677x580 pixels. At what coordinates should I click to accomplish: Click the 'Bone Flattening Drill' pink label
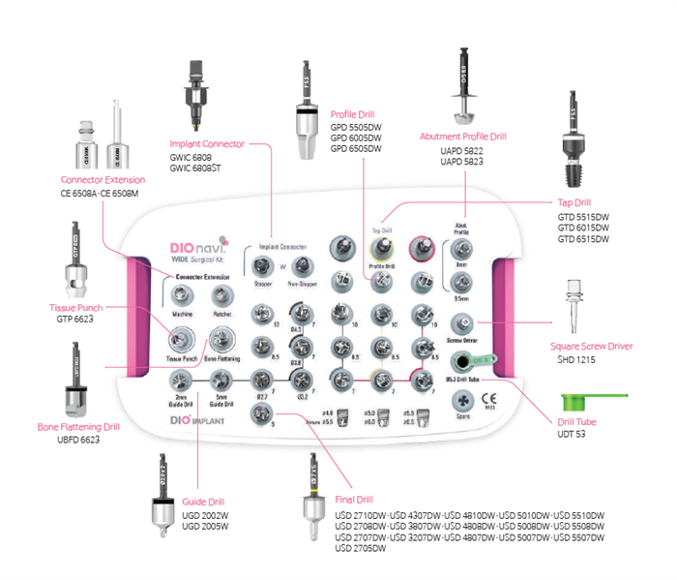tap(78, 427)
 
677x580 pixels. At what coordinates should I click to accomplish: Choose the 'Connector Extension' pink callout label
tap(103, 180)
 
